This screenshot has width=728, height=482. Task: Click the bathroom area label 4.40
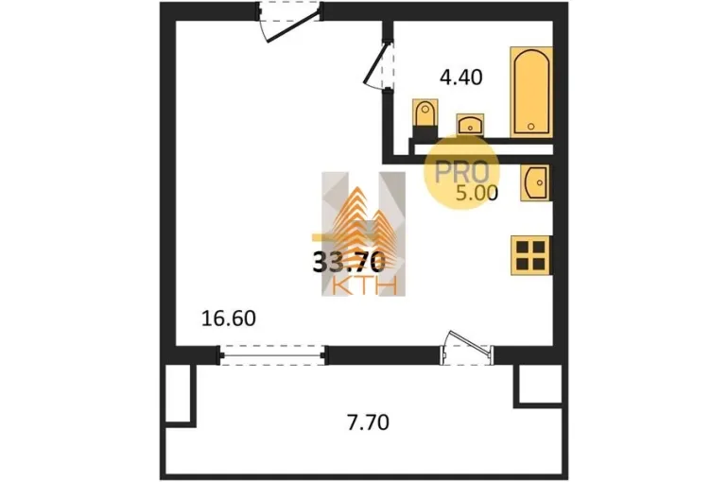pyautogui.click(x=461, y=77)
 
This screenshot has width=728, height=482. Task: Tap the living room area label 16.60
pyautogui.click(x=229, y=318)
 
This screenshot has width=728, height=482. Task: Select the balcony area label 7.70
pyautogui.click(x=368, y=422)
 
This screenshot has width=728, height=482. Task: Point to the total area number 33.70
pyautogui.click(x=349, y=261)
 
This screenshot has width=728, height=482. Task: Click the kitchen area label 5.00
pyautogui.click(x=477, y=193)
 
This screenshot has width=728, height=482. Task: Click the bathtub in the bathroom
pyautogui.click(x=531, y=92)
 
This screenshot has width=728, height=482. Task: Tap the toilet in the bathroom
pyautogui.click(x=425, y=113)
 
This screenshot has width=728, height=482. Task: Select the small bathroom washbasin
pyautogui.click(x=470, y=124)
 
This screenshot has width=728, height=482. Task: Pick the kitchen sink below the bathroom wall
pyautogui.click(x=535, y=182)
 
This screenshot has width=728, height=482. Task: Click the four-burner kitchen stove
pyautogui.click(x=530, y=255)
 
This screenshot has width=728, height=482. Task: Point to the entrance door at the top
pyautogui.click(x=288, y=22)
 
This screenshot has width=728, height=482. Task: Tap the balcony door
pyautogui.click(x=467, y=348)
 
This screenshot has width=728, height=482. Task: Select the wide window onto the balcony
pyautogui.click(x=273, y=355)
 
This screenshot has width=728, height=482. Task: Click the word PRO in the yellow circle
pyautogui.click(x=462, y=172)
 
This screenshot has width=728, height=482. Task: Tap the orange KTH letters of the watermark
pyautogui.click(x=365, y=285)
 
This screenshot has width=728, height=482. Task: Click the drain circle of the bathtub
pyautogui.click(x=530, y=126)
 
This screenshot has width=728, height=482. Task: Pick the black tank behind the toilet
pyautogui.click(x=425, y=132)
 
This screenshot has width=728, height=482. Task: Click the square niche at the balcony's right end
pyautogui.click(x=540, y=386)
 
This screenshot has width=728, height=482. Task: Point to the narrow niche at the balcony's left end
pyautogui.click(x=179, y=394)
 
